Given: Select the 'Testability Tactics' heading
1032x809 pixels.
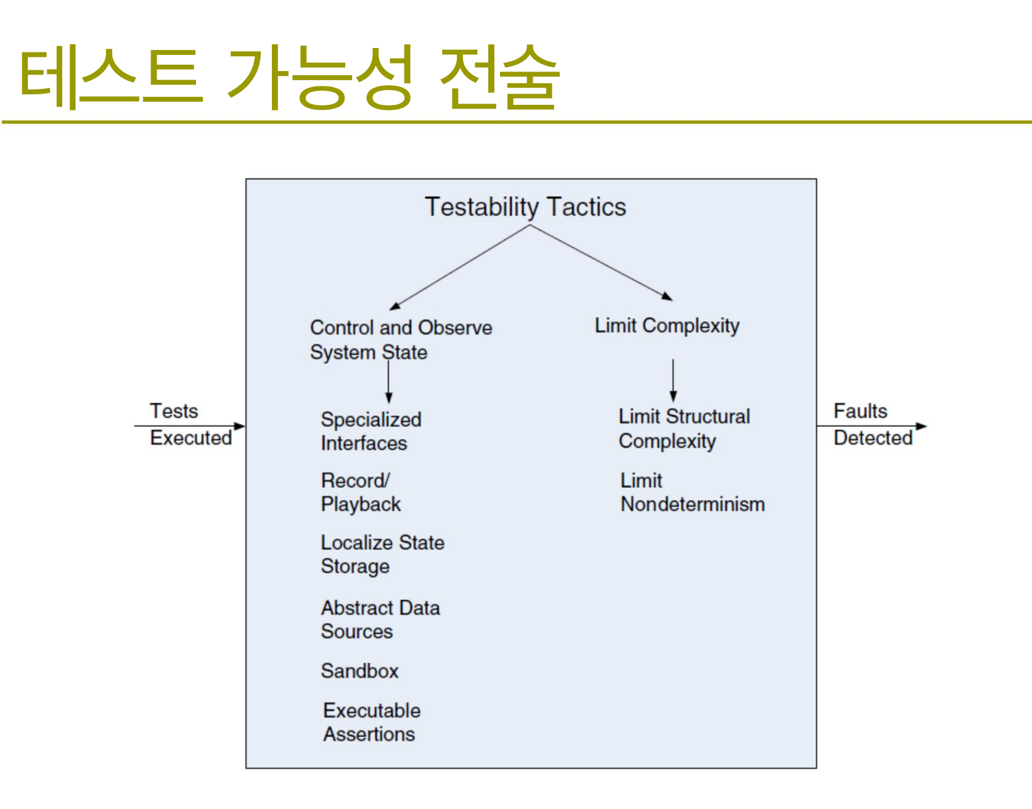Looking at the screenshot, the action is [525, 207].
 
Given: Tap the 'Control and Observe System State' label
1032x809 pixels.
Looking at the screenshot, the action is [401, 340].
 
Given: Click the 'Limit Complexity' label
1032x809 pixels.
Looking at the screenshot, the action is [667, 326].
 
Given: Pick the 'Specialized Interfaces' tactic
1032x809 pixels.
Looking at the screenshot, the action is [371, 431].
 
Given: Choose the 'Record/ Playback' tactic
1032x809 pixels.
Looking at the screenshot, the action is [361, 492].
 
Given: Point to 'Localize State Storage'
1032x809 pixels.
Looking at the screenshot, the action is [382, 554].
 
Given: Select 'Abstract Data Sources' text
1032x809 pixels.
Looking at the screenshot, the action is [380, 619].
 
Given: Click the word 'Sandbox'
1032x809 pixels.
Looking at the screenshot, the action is [359, 671].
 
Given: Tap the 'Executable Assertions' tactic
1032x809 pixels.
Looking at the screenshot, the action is [372, 722].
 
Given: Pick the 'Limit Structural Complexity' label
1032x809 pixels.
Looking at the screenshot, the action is [684, 429].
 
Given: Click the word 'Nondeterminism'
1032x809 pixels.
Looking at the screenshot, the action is [692, 504].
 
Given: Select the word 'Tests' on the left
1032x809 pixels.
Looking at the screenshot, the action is [174, 411].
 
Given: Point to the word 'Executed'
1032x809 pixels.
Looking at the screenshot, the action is [191, 438].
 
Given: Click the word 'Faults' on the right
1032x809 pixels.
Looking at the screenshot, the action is [860, 411].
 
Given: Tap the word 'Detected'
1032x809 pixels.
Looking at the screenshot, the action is [873, 438].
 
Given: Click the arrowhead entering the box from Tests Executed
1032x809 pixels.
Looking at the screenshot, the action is [240, 426].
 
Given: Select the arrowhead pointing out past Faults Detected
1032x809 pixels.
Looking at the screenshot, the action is [922, 426].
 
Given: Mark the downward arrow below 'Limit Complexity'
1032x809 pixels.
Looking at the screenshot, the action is [673, 380].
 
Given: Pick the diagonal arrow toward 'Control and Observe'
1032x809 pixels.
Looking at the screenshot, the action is [459, 268].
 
